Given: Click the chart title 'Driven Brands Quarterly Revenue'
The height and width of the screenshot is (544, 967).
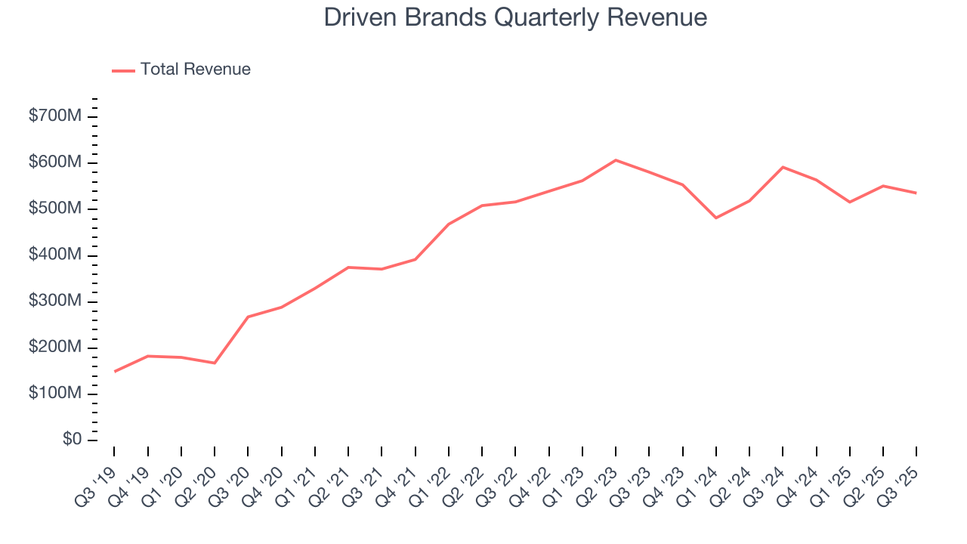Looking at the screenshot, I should (515, 17).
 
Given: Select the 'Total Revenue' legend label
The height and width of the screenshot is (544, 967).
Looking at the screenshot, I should (195, 70).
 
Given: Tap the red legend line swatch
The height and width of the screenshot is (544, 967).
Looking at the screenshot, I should (123, 70).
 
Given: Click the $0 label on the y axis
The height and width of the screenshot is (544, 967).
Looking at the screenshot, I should (73, 440).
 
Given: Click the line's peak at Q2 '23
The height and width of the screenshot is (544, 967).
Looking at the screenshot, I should (616, 160).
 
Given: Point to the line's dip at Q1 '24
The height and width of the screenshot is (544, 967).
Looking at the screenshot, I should (715, 218).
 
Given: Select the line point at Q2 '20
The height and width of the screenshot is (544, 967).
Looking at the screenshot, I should (215, 363).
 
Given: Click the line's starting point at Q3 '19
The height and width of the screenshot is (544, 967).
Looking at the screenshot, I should (115, 372).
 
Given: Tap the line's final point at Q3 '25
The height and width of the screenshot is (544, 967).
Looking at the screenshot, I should (916, 193).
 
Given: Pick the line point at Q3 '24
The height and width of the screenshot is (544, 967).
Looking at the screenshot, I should (783, 167).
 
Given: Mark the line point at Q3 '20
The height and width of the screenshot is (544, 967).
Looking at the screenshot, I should (248, 317).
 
